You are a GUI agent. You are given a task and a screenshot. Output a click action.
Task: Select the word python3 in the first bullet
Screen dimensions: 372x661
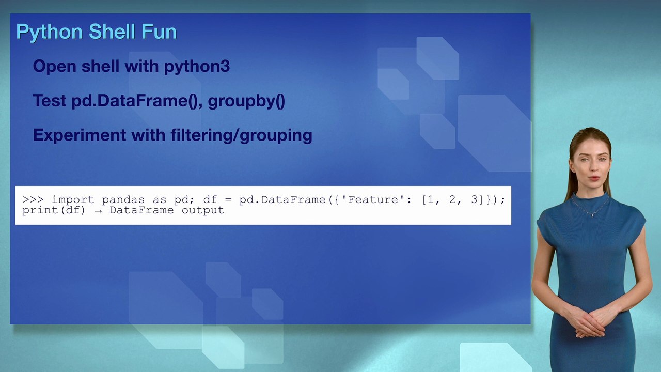pos(197,66)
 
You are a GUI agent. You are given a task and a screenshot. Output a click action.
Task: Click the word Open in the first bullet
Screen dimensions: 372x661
pos(55,66)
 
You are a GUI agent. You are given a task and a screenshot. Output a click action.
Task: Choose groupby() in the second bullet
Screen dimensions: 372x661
pos(246,101)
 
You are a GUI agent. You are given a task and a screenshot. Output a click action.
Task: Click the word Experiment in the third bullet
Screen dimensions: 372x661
pos(80,135)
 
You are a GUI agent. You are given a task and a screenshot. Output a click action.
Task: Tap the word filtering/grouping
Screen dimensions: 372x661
pos(241,135)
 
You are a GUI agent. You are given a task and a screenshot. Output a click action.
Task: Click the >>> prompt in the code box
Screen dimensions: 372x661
pos(33,200)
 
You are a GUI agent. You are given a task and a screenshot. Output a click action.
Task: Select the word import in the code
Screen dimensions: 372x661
pos(73,200)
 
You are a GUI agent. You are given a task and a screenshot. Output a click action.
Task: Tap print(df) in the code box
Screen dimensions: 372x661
pos(54,210)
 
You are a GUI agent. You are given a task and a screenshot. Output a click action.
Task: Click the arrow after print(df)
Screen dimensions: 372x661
pos(98,211)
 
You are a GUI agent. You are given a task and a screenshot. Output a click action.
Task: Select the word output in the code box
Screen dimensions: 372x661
pos(203,210)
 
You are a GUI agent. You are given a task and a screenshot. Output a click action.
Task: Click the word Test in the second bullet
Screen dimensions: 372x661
pos(50,101)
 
